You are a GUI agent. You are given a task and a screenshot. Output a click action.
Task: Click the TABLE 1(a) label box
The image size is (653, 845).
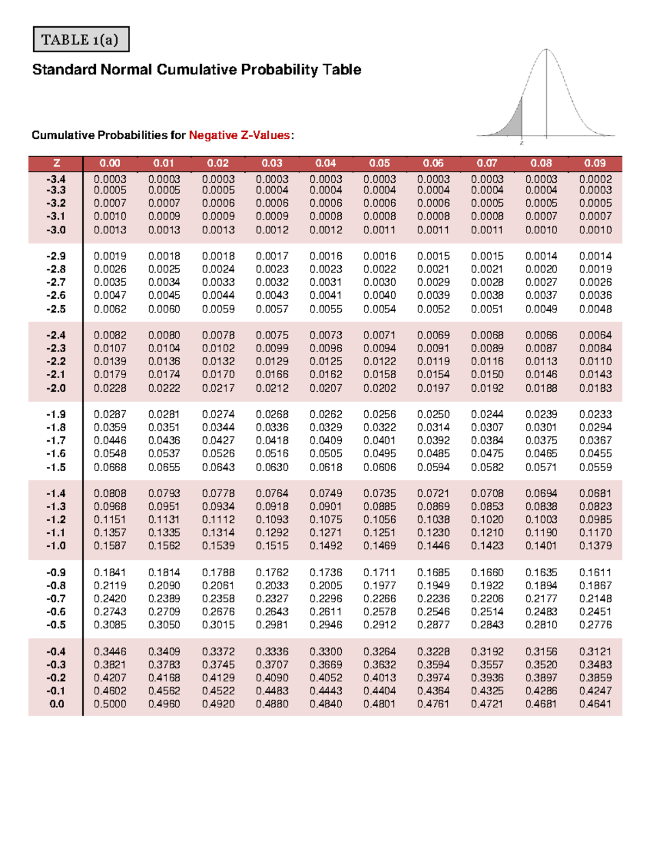coord(81,40)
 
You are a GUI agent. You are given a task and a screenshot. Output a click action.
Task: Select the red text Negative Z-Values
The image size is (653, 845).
coord(239,135)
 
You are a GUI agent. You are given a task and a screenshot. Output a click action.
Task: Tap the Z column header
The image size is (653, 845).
coord(56,163)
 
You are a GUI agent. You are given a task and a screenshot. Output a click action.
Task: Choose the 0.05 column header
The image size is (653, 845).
coord(379,163)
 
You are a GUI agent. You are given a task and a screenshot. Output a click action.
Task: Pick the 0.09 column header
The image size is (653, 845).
coord(595,163)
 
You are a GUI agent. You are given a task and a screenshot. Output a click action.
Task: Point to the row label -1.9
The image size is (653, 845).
coord(56,415)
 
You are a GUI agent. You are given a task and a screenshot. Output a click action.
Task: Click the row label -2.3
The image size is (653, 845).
coord(56,348)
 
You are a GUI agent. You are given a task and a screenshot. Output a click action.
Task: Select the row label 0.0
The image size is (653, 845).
coord(57,704)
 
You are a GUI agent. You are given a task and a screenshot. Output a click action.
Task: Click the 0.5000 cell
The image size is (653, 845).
coord(110,704)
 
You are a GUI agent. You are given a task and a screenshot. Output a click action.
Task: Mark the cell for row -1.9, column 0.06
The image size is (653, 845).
coord(433,415)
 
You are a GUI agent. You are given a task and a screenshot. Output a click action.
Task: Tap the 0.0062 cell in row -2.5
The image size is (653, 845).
coord(110,309)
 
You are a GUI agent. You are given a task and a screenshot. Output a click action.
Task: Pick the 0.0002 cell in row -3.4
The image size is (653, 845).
coord(595,179)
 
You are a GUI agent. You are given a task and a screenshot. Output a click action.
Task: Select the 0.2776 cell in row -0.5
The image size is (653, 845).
coord(595,625)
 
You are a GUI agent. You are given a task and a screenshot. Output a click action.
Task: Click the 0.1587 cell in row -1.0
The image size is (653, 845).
coord(110,546)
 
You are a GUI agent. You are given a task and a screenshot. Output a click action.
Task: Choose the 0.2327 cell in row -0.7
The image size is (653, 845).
coord(272,599)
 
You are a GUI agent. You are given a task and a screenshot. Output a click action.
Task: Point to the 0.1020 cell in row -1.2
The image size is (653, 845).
coord(487,520)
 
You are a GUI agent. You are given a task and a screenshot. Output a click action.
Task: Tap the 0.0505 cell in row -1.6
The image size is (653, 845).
coord(325,454)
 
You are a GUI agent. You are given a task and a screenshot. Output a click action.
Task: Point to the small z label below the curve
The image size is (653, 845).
coord(521,143)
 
